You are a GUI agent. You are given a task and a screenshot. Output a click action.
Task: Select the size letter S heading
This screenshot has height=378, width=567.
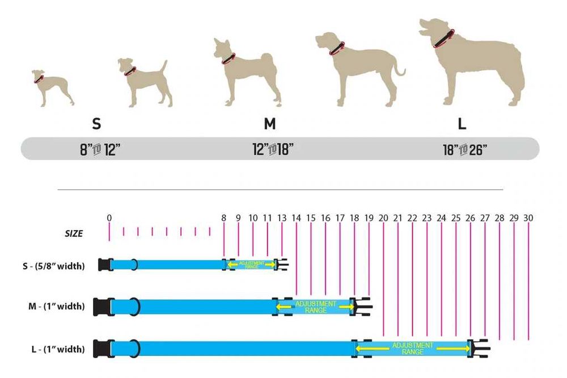pyautogui.click(x=97, y=124)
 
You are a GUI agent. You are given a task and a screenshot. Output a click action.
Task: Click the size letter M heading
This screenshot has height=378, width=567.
pyautogui.click(x=269, y=124)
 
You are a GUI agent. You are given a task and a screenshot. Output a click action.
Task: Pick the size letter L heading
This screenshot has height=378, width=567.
pyautogui.click(x=462, y=124)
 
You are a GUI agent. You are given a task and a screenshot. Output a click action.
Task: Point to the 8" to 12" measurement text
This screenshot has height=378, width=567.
pyautogui.click(x=100, y=150)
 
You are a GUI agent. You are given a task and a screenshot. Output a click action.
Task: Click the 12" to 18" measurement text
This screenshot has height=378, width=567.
pyautogui.click(x=273, y=150)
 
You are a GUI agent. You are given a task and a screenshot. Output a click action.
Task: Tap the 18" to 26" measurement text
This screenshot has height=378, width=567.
pyautogui.click(x=466, y=150)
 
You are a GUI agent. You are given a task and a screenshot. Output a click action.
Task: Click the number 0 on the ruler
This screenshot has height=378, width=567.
pyautogui.click(x=109, y=218)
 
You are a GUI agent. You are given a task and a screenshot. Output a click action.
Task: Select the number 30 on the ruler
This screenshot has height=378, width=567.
pyautogui.click(x=528, y=218)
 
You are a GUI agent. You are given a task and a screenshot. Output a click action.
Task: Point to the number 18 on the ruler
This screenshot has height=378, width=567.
pyautogui.click(x=354, y=218)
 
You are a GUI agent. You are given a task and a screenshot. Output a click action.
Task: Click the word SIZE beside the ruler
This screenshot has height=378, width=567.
pyautogui.click(x=73, y=233)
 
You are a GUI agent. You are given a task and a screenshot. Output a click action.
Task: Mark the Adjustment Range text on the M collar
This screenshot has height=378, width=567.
pyautogui.click(x=316, y=307)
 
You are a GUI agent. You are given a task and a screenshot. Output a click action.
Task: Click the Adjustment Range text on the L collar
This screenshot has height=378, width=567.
pyautogui.click(x=412, y=349)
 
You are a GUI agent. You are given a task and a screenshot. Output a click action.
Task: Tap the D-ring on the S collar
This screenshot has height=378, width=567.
pyautogui.click(x=133, y=265)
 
